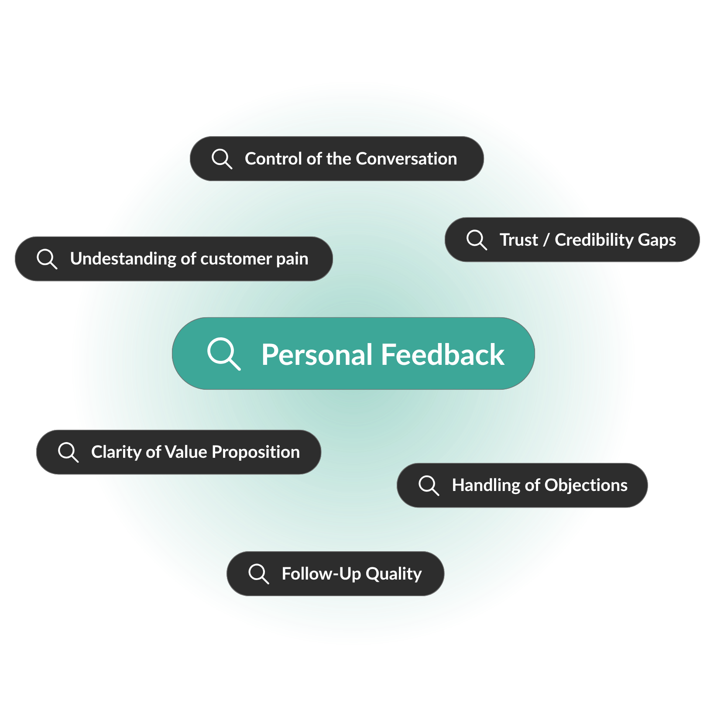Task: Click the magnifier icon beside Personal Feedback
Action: (x=223, y=353)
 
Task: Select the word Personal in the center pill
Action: (x=317, y=354)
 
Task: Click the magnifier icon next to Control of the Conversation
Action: (x=221, y=158)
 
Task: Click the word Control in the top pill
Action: (x=273, y=159)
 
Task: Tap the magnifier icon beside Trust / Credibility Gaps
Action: (x=476, y=240)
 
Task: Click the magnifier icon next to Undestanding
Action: (x=47, y=259)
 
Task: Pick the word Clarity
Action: (x=116, y=452)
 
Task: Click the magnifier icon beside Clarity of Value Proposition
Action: (x=68, y=452)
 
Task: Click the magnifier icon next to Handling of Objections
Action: (x=429, y=485)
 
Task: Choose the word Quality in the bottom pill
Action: (x=393, y=574)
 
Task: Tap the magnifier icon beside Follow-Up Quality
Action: (x=258, y=573)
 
